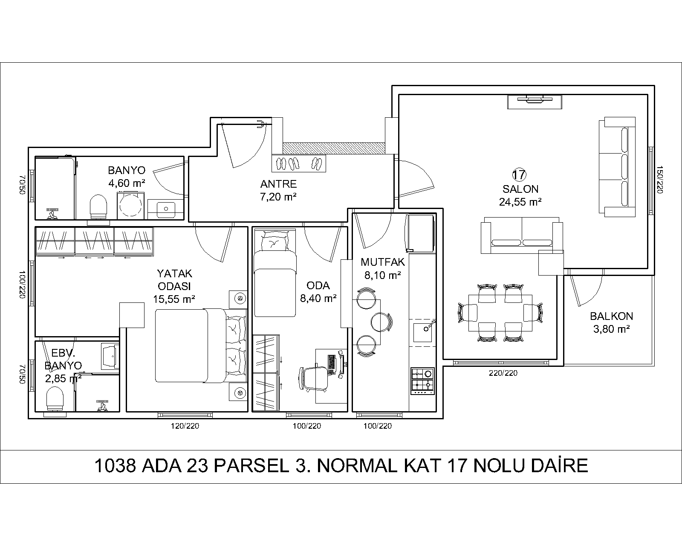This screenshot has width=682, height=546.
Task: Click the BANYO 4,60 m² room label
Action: pyautogui.click(x=127, y=177)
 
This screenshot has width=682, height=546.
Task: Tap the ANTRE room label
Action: pyautogui.click(x=278, y=184)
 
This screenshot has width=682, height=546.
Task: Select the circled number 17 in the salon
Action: pyautogui.click(x=519, y=175)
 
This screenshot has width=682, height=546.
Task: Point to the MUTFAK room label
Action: pyautogui.click(x=382, y=262)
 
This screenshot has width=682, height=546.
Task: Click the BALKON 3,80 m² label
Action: pyautogui.click(x=611, y=322)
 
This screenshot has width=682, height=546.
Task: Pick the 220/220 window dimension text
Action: pyautogui.click(x=503, y=373)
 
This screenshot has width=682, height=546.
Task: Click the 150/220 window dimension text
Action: pyautogui.click(x=659, y=180)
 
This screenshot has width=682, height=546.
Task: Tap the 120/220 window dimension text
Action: pyautogui.click(x=185, y=426)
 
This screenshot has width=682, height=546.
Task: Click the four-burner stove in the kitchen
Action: pyautogui.click(x=422, y=381)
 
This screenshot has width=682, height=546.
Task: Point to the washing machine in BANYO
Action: pyautogui.click(x=130, y=206)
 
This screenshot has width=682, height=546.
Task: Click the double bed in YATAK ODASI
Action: pyautogui.click(x=201, y=346)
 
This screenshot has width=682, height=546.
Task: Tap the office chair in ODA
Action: pyautogui.click(x=313, y=378)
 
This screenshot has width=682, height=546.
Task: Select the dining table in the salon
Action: pyautogui.click(x=500, y=313)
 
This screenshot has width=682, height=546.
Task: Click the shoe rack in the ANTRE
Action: pyautogui.click(x=298, y=163)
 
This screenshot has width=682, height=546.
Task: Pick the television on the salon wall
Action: pyautogui.click(x=535, y=100)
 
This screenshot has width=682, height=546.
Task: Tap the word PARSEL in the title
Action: pyautogui.click(x=252, y=466)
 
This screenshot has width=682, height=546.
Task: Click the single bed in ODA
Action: pyautogui.click(x=275, y=273)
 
